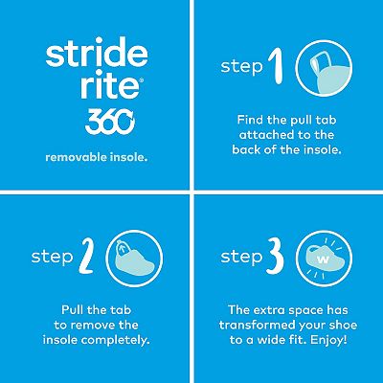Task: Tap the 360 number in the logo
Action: point(110,122)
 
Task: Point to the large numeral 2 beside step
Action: point(86,257)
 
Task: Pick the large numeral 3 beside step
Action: point(276,257)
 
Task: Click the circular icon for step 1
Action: point(324,68)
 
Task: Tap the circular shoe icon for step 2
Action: point(134,259)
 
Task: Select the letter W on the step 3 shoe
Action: point(323,259)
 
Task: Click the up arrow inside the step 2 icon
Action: point(122,247)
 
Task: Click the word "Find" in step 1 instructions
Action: point(251,120)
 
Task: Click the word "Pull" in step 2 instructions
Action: point(73,309)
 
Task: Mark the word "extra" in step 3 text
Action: point(266,310)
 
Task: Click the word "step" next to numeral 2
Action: point(52,258)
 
